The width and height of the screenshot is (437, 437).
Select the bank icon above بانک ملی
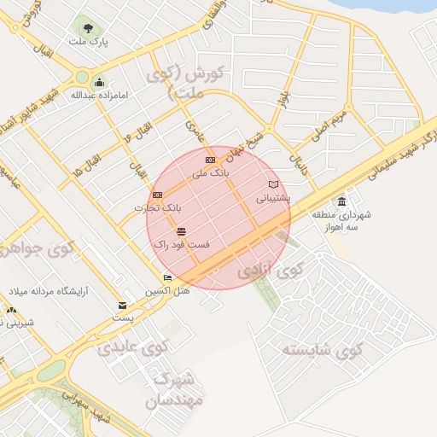coord(211,160)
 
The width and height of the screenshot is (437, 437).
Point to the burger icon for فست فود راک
coord(181,231)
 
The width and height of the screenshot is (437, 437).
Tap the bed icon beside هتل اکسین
coord(167,277)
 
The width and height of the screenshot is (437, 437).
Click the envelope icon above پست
coord(123,306)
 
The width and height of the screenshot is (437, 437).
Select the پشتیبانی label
coord(273,197)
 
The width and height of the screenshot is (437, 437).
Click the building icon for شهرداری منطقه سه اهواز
coord(341,201)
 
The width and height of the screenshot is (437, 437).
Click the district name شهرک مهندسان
coord(174,388)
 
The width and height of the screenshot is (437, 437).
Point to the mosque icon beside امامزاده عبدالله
coord(99,83)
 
